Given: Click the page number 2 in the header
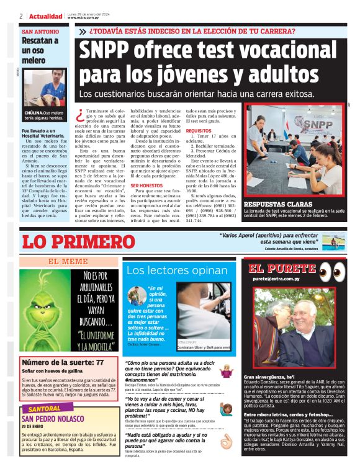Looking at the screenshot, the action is tap(21, 16).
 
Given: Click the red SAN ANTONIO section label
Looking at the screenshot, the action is tap(40, 31).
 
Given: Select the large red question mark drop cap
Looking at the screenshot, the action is tap(80, 115).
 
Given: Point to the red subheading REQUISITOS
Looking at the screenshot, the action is tap(199, 131).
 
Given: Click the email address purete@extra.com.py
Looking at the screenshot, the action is tap(276, 279).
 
